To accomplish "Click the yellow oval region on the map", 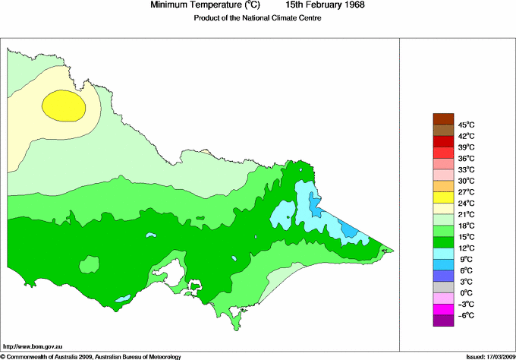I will tap(63, 106).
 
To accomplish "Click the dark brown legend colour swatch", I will tap(442, 118).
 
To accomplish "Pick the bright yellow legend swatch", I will tap(442, 197).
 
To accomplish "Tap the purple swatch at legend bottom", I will tap(442, 321).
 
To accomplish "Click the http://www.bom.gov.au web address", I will tap(35, 346).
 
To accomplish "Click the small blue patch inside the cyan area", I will tap(348, 229).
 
